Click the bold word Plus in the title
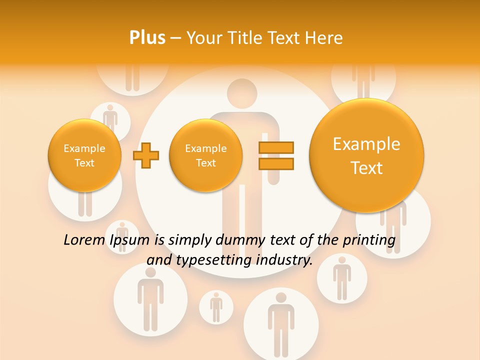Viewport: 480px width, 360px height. click(147, 38)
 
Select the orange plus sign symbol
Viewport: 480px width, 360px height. click(146, 155)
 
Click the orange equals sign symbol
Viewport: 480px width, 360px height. click(276, 155)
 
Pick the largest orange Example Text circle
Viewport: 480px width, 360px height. click(366, 155)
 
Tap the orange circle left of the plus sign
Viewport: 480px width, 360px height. click(84, 155)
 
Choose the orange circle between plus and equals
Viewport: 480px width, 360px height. click(205, 155)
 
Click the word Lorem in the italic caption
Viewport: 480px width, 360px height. click(84, 240)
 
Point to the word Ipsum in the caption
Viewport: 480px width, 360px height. click(129, 240)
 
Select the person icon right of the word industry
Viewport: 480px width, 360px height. click(342, 278)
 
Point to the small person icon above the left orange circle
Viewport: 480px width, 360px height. click(110, 119)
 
